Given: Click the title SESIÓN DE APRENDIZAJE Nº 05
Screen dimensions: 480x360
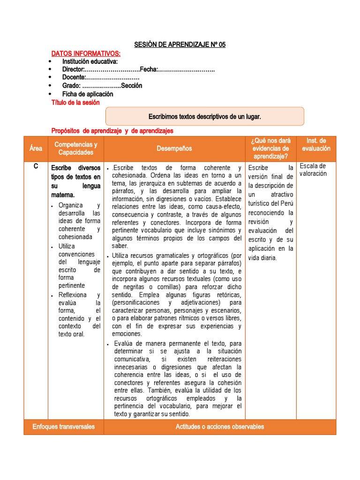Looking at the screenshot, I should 180,45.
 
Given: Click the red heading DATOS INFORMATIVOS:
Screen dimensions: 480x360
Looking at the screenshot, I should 85,54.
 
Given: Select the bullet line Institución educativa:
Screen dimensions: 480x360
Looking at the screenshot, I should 90,61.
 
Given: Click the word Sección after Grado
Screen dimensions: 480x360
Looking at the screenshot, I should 132,86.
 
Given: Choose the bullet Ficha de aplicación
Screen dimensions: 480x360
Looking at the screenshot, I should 88,94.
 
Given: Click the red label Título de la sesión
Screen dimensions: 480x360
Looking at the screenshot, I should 75,103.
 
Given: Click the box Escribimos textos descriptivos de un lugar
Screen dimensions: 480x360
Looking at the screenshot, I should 205,116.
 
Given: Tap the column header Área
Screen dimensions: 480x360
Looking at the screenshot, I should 36,149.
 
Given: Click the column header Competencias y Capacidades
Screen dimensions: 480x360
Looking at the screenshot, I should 76,149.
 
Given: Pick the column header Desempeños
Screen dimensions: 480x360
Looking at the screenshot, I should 174,149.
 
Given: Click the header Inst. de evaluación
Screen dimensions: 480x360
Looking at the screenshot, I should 316,144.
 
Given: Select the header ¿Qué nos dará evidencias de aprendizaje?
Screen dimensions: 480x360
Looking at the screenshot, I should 270,149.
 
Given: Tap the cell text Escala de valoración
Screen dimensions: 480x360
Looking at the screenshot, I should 313,170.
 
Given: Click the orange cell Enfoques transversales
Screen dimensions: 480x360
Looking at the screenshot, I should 64,427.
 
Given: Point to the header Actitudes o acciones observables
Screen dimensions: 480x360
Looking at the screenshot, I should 219,427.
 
